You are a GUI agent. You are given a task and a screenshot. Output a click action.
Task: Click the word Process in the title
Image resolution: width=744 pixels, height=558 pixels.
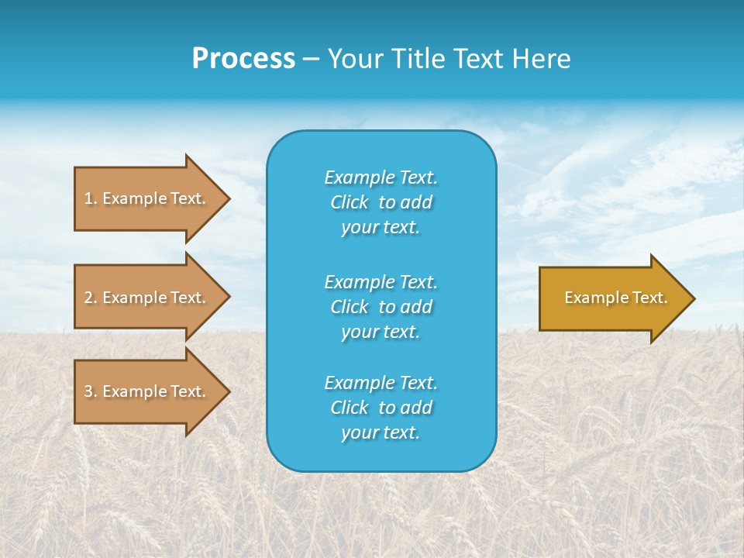[243, 59]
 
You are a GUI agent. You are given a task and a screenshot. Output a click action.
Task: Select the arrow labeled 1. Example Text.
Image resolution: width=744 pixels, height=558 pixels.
[147, 198]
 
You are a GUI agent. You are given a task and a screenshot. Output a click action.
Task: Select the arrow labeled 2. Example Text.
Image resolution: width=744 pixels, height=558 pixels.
[147, 298]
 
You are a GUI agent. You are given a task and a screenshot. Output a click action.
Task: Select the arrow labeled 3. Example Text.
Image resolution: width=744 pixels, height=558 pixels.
[147, 391]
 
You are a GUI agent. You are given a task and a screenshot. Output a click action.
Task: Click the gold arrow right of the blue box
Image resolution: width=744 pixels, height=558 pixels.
[612, 298]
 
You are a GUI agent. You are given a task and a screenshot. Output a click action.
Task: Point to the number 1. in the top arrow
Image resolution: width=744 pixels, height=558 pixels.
[90, 198]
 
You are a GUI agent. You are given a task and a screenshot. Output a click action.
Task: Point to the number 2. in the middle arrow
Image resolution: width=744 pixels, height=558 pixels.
[90, 298]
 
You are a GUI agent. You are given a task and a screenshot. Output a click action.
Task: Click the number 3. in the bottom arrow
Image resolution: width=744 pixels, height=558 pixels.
[90, 391]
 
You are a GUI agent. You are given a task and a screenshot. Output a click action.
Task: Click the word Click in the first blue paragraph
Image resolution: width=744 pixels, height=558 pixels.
[349, 202]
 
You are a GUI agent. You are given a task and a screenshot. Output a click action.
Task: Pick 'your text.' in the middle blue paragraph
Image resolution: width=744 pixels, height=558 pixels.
[381, 332]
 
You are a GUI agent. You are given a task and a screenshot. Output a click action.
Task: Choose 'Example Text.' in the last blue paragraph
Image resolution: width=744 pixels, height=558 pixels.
[381, 383]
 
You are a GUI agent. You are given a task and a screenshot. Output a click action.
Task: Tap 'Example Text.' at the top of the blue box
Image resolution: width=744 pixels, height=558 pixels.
[381, 177]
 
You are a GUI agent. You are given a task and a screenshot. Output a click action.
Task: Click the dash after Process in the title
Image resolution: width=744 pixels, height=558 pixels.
[311, 59]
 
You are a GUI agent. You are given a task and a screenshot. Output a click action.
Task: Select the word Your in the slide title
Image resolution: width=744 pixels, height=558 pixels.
[353, 59]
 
